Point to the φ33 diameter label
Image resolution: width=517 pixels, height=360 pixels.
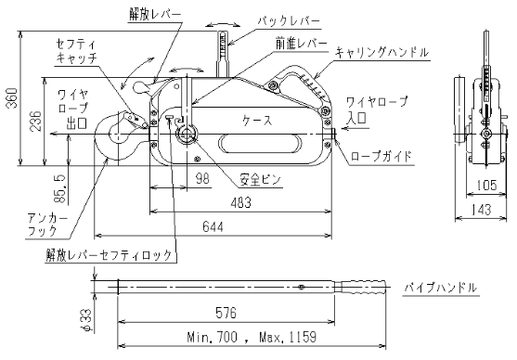pyautogui.click(x=85, y=317)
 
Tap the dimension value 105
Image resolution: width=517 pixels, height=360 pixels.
pyautogui.click(x=481, y=184)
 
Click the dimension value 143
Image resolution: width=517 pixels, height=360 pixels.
pyautogui.click(x=480, y=210)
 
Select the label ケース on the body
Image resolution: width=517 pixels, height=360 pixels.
pyautogui.click(x=257, y=121)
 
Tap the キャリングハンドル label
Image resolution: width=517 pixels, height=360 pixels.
pyautogui.click(x=381, y=53)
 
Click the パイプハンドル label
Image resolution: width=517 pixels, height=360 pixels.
pyautogui.click(x=441, y=289)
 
